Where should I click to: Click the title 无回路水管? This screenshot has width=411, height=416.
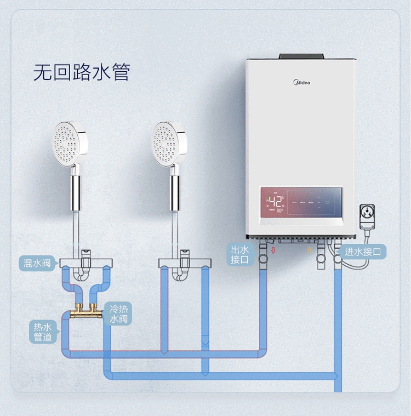[82, 72]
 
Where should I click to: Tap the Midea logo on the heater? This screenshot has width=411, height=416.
[302, 83]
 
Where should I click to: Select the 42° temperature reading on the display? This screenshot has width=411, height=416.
[276, 200]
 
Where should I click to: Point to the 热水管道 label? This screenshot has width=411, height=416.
[43, 332]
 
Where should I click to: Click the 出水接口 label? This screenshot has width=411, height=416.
[239, 255]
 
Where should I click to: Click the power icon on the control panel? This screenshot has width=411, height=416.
[328, 202]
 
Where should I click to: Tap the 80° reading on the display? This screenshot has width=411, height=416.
[279, 210]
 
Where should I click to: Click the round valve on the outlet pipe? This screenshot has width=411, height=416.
[263, 258]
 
